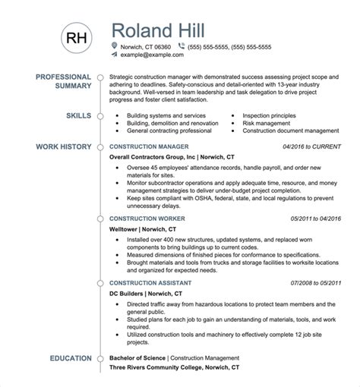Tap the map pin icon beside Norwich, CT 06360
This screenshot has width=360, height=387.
click(x=114, y=46)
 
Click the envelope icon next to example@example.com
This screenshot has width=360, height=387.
click(x=114, y=55)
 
